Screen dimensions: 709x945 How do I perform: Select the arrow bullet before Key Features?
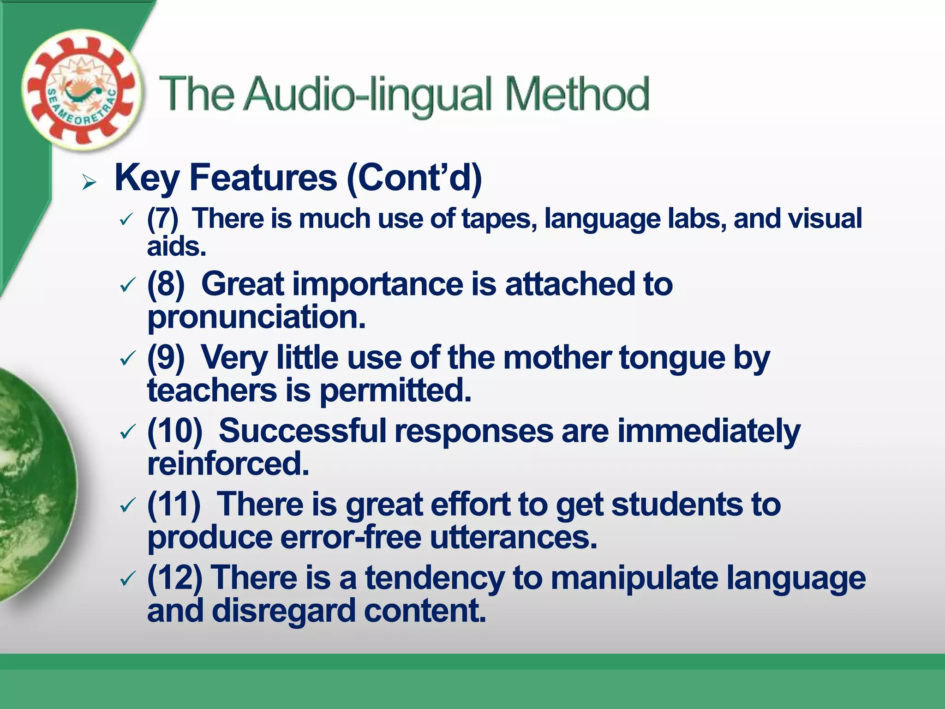(x=89, y=182)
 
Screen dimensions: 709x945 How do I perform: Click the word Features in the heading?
(x=263, y=178)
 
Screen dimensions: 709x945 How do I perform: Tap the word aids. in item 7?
(x=176, y=246)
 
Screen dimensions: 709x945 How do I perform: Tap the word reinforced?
(x=228, y=464)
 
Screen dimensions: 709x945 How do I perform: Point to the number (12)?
(x=174, y=578)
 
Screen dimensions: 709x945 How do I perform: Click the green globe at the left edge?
(x=32, y=485)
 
